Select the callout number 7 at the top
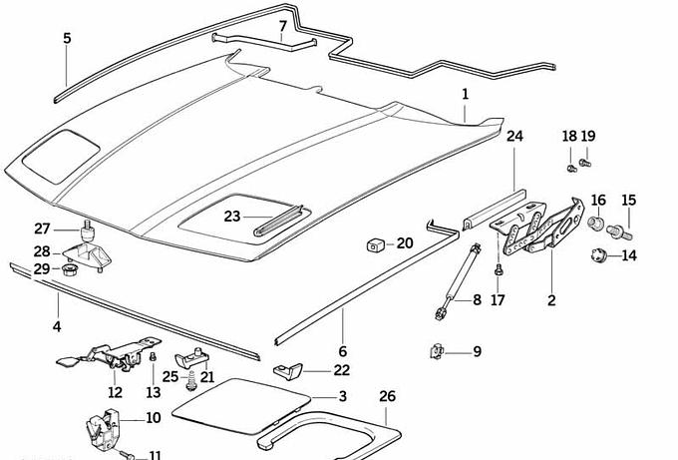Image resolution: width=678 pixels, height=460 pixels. point(282,26)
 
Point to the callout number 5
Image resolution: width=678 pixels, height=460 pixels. point(67,39)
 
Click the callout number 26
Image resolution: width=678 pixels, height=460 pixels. point(387,396)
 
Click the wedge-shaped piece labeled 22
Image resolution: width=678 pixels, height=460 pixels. point(293,371)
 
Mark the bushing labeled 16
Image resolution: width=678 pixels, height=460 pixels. point(596,223)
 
